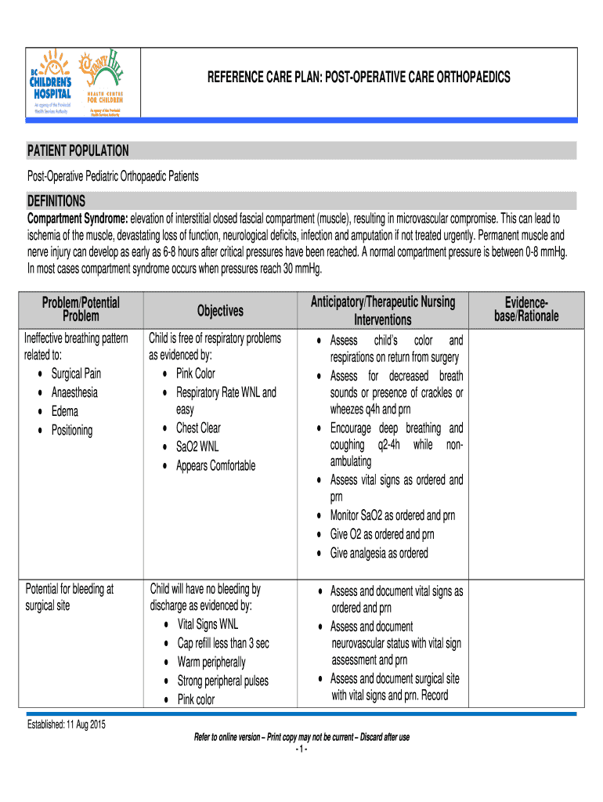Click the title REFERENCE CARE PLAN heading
click(358, 77)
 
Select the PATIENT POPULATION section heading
click(78, 151)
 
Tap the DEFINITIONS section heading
click(56, 200)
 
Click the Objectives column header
click(219, 311)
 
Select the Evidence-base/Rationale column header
click(526, 309)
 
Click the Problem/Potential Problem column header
click(81, 309)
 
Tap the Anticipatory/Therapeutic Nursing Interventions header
click(382, 311)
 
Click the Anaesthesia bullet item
click(74, 392)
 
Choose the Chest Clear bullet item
click(198, 428)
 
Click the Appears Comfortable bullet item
click(215, 465)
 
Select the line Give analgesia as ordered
click(379, 553)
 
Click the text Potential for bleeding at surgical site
click(70, 598)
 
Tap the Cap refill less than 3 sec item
click(223, 643)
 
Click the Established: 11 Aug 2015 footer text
click(67, 724)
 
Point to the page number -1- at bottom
click(301, 750)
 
